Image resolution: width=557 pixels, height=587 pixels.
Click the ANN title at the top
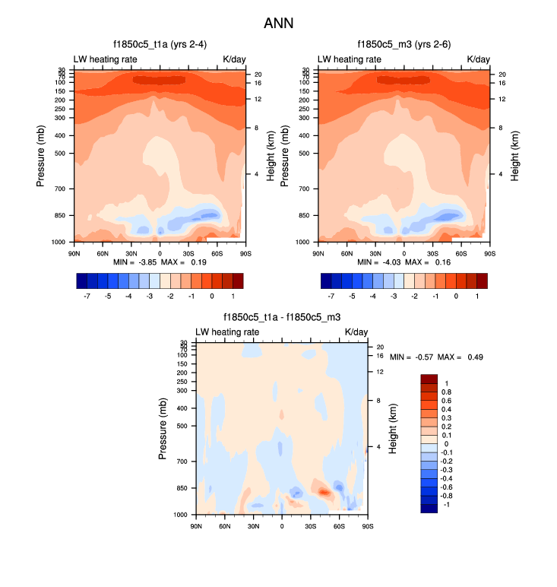point(278,24)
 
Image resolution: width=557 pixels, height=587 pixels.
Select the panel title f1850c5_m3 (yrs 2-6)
point(404,45)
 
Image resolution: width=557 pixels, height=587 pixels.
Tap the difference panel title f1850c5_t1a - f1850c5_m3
point(281,317)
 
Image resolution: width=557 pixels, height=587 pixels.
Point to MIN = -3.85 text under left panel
point(138,262)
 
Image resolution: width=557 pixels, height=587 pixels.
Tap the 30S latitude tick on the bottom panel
point(311,525)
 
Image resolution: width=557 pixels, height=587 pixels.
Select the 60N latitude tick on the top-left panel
point(103,252)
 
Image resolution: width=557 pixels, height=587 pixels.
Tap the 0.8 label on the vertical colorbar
point(447,392)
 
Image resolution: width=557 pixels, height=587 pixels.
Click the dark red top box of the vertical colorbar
point(429,379)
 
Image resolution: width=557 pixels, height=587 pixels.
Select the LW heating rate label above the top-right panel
point(350,59)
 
